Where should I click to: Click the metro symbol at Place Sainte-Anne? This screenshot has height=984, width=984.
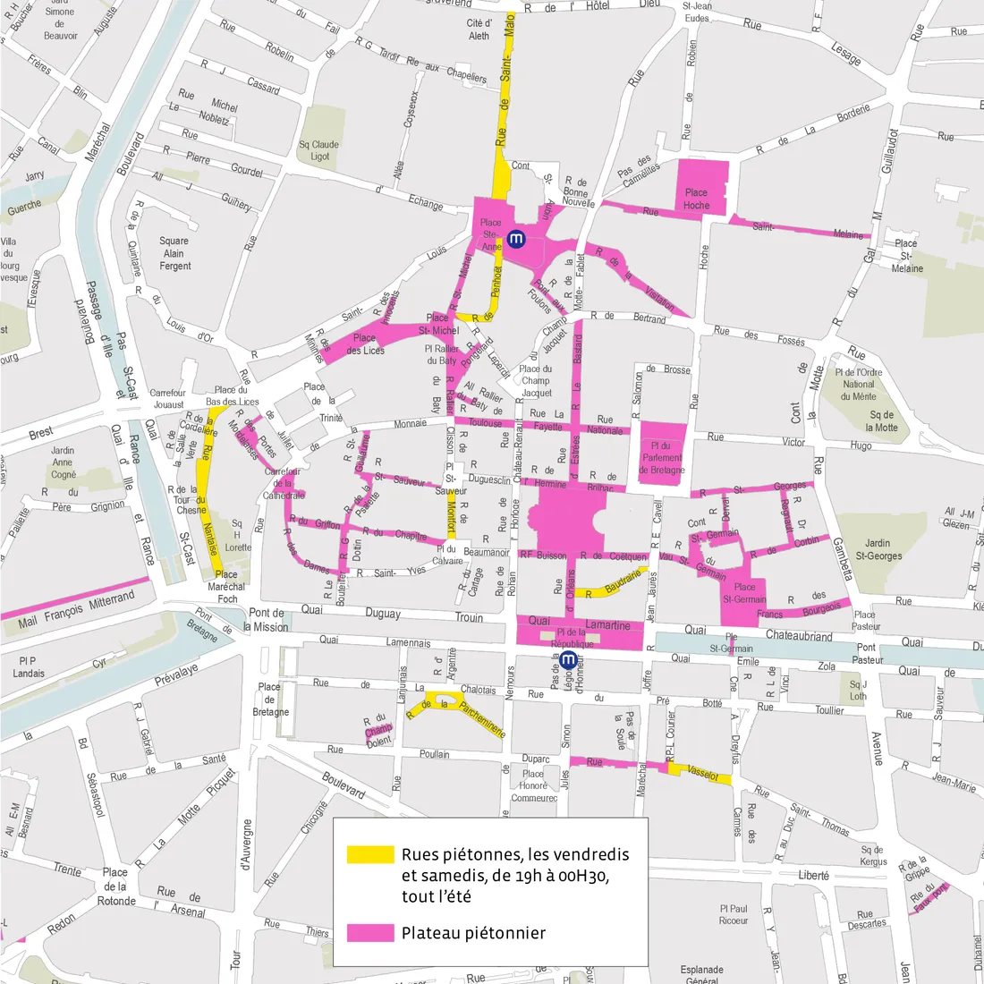point(515,239)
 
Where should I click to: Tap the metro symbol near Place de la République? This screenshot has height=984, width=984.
point(567,661)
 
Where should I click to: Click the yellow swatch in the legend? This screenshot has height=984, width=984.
point(370,854)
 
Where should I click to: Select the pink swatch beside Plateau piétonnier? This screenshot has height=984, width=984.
point(370,933)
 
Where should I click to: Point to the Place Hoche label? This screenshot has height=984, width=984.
point(696,199)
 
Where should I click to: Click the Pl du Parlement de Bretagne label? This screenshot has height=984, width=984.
point(662,457)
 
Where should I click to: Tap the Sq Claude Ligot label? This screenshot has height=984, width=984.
point(318,150)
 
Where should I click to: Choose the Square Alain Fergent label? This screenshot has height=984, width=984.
point(174,253)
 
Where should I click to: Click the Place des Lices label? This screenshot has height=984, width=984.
point(365,344)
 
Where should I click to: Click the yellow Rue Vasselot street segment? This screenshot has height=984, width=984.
point(702,775)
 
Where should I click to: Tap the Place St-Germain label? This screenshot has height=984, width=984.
point(744,593)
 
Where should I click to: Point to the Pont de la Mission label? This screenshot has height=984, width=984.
point(268,620)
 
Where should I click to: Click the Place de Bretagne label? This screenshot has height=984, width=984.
point(270,700)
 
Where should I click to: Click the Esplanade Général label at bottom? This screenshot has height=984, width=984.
point(701,974)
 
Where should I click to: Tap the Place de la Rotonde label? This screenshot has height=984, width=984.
point(116,886)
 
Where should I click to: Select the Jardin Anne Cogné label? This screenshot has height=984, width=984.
point(64,462)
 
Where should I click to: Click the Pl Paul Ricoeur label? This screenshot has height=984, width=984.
point(733,914)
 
